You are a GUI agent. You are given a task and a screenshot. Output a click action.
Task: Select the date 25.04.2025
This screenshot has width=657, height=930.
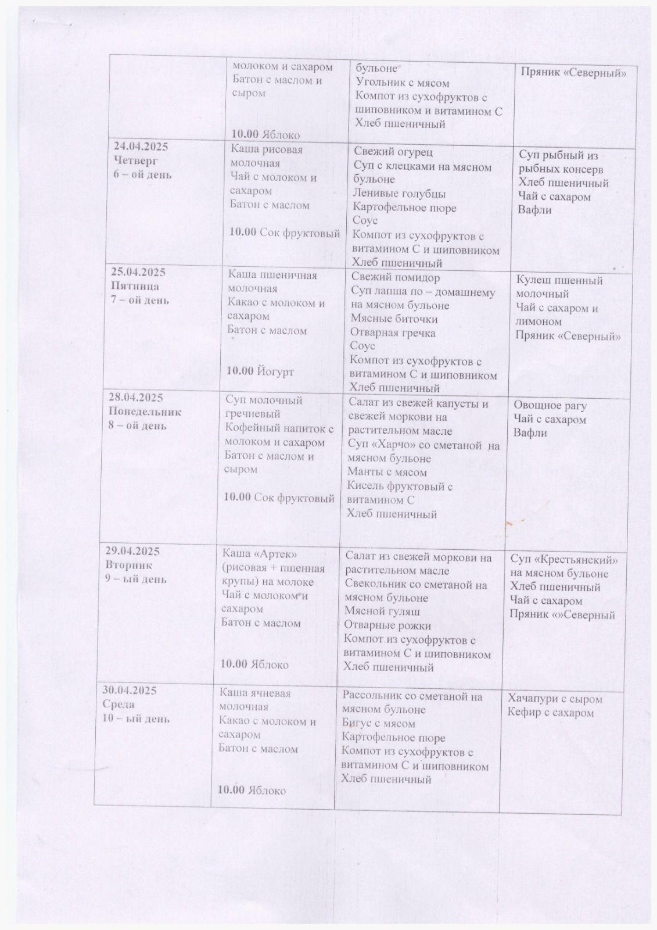pyautogui.click(x=138, y=272)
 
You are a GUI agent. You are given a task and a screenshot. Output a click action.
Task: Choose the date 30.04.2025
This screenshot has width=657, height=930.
pyautogui.click(x=130, y=691)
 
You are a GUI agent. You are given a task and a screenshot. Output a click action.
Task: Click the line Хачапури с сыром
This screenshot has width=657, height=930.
pyautogui.click(x=555, y=699)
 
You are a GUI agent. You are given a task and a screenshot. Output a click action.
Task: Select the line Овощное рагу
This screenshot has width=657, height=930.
pyautogui.click(x=550, y=406)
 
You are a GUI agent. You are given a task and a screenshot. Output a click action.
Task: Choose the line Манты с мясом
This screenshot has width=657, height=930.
pyautogui.click(x=387, y=472)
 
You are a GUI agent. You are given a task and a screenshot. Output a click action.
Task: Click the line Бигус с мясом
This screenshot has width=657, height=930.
pyautogui.click(x=379, y=724)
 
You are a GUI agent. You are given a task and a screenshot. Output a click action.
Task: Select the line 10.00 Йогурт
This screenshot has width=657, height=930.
pyautogui.click(x=260, y=371)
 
